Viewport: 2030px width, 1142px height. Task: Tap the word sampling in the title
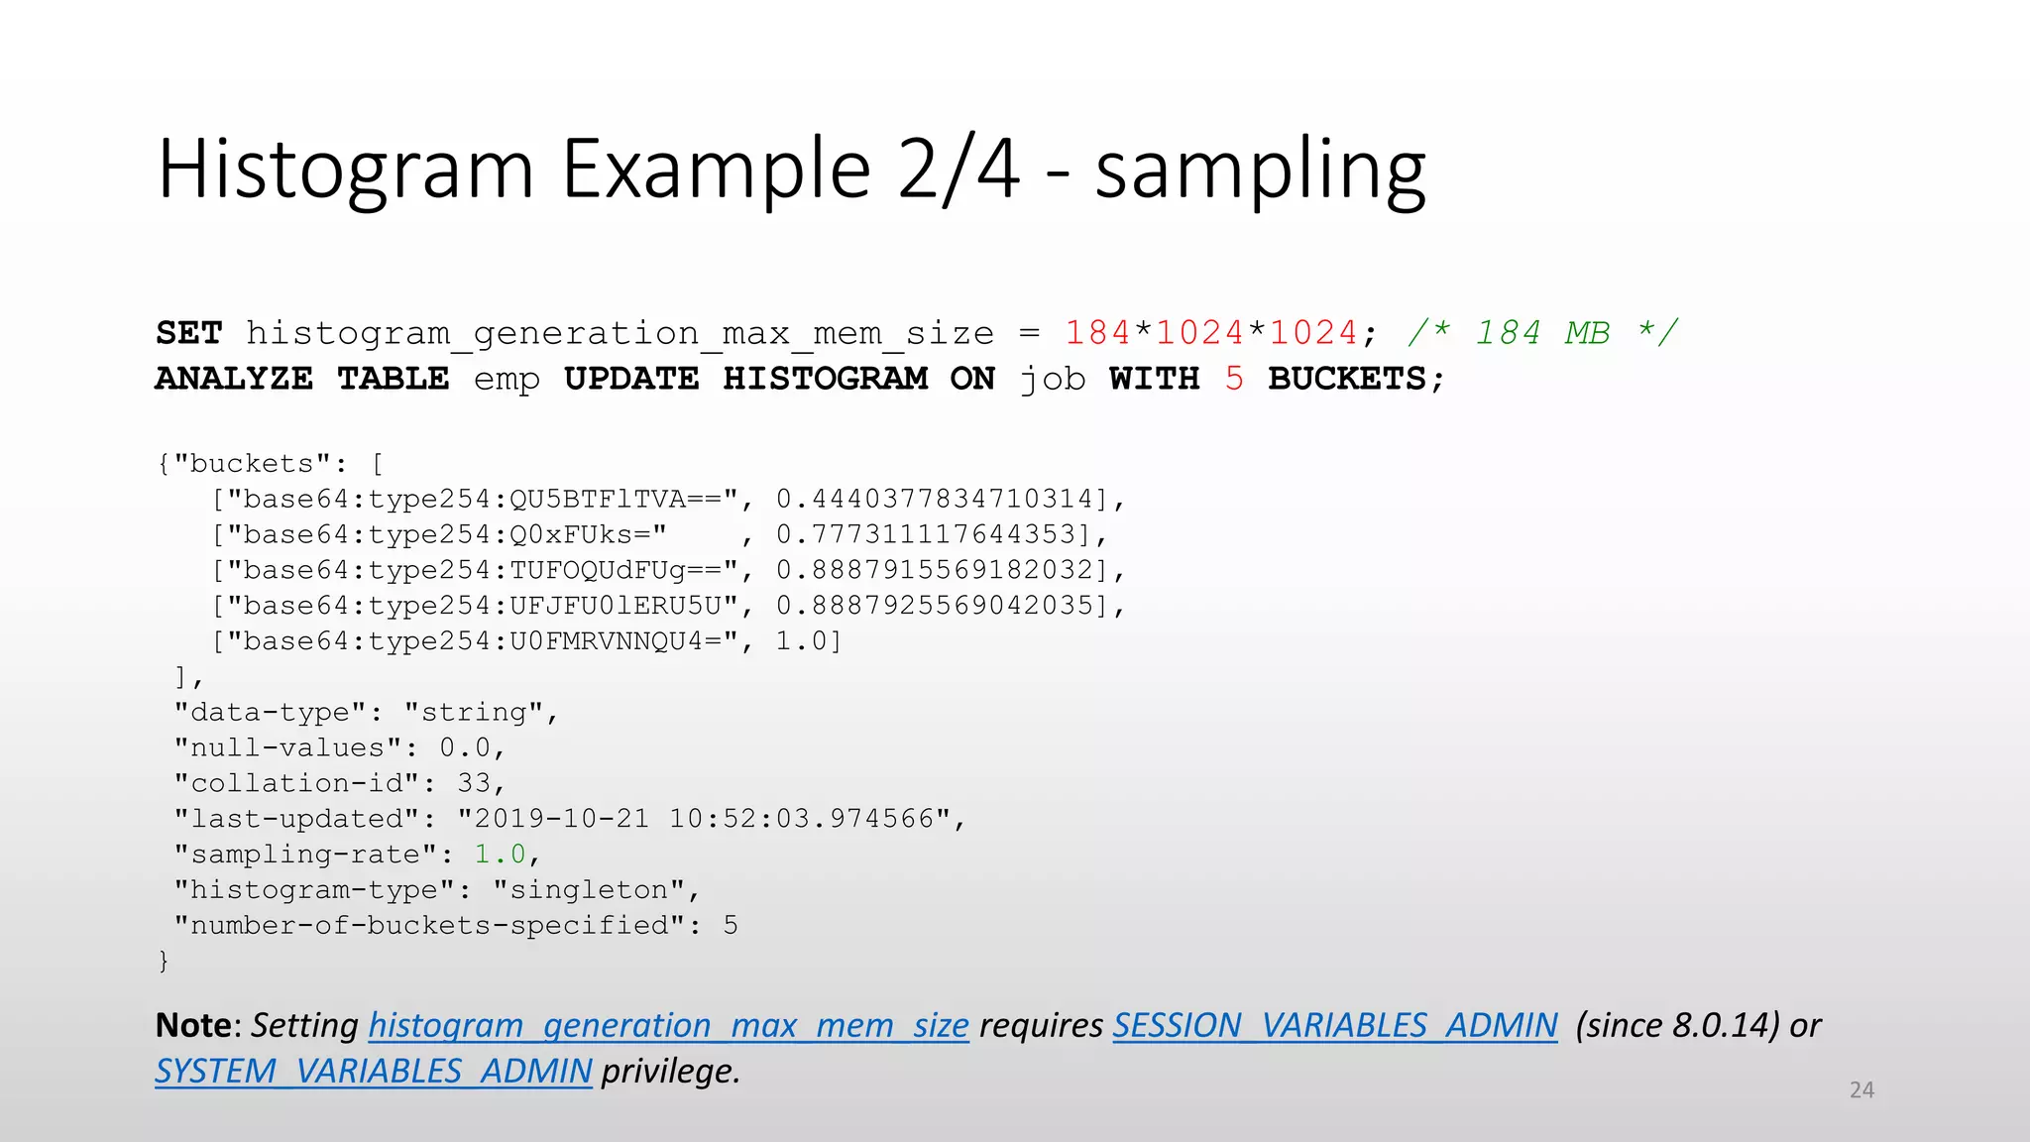click(1260, 171)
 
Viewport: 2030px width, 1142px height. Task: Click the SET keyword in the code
click(189, 333)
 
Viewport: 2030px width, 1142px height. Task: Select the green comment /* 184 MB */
click(1542, 333)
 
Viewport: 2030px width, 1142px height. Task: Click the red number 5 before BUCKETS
click(1233, 379)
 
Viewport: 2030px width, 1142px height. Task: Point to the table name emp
click(507, 379)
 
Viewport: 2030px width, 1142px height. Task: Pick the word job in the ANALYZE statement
click(1053, 379)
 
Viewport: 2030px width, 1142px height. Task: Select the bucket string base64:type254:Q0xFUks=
click(447, 534)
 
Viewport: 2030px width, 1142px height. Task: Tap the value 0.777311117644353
click(926, 534)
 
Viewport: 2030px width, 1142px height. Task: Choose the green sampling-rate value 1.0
click(500, 855)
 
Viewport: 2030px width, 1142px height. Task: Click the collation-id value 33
click(474, 783)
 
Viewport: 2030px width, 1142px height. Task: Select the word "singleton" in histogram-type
click(589, 890)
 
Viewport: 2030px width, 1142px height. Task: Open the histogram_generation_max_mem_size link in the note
click(668, 1025)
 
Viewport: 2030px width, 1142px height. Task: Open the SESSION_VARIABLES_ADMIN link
click(1334, 1025)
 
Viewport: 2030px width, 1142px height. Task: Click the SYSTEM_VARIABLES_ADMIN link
click(374, 1071)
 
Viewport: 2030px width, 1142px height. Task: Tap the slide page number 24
click(1861, 1089)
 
